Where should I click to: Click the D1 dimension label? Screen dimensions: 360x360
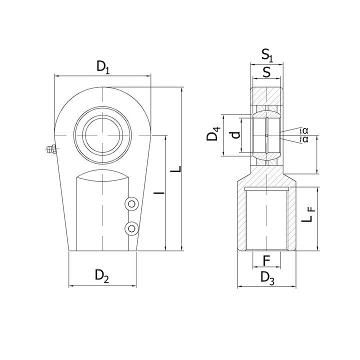[103, 67]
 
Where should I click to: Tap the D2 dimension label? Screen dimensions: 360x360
[101, 275]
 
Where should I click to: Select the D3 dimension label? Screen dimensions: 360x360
[267, 278]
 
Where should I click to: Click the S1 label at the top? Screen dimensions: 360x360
[267, 55]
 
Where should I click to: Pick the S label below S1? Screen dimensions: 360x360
[266, 72]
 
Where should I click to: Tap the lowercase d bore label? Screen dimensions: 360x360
[235, 135]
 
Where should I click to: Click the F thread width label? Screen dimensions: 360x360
[266, 261]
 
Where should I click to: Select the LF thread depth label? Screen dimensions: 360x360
[308, 214]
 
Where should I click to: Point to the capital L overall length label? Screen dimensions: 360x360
[176, 169]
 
